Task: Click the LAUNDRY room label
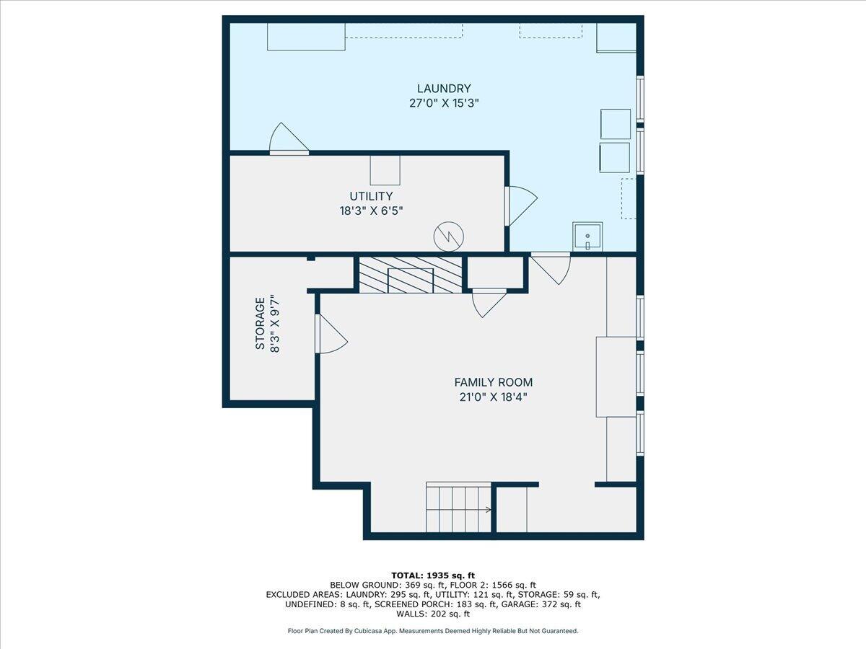[x=444, y=89]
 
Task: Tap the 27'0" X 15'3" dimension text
[x=444, y=103]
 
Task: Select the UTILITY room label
[x=371, y=196]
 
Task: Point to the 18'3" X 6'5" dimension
[x=371, y=211]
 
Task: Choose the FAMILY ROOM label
[x=493, y=382]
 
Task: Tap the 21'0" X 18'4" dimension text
[x=493, y=397]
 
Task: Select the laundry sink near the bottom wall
[x=587, y=237]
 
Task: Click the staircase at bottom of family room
[x=458, y=508]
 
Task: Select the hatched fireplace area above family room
[x=410, y=275]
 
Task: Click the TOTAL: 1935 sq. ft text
[x=432, y=575]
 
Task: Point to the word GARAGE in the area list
[x=541, y=604]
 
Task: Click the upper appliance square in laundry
[x=616, y=124]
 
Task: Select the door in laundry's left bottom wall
[x=288, y=140]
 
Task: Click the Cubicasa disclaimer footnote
[x=432, y=631]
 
